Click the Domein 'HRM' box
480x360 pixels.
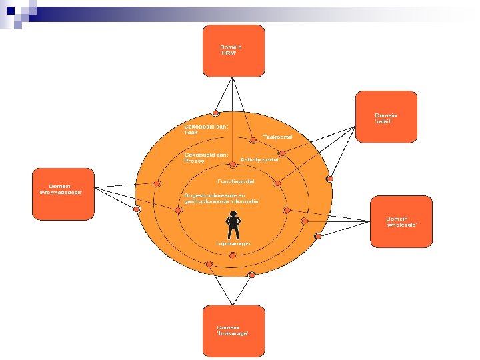click(x=233, y=50)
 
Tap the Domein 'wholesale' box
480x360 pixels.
click(x=401, y=221)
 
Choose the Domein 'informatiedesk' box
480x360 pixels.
click(x=63, y=193)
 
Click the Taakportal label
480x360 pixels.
click(x=277, y=137)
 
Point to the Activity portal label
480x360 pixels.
click(x=259, y=160)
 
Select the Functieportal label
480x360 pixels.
click(x=235, y=181)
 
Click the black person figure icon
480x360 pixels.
click(x=233, y=225)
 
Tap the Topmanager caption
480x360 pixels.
click(x=233, y=244)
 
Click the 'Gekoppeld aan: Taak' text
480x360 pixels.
click(x=205, y=129)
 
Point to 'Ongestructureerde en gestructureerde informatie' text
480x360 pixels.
click(x=221, y=198)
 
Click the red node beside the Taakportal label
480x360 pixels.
click(x=253, y=139)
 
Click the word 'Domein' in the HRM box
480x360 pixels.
click(x=231, y=47)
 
